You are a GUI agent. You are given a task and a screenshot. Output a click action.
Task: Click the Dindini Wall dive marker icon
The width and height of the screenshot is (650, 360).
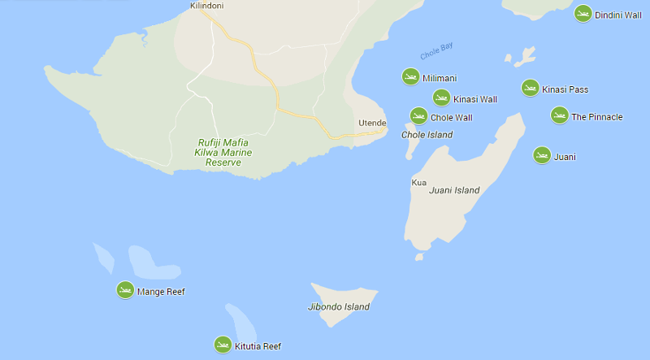[583, 14]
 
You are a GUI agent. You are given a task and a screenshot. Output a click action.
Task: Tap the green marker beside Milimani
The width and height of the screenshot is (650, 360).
[410, 77]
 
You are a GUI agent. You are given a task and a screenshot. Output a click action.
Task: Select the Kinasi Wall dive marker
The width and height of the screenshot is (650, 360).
[441, 98]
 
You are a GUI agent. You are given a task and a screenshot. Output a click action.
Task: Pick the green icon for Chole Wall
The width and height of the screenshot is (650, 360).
[418, 116]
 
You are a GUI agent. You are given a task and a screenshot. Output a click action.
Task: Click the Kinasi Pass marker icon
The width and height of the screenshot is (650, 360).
[530, 89]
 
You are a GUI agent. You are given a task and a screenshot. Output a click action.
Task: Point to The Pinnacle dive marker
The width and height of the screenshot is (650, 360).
[559, 115]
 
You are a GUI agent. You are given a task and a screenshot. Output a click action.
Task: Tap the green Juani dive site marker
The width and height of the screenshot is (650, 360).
[542, 155]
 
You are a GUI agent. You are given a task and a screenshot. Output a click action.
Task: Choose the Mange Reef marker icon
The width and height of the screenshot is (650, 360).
[125, 290]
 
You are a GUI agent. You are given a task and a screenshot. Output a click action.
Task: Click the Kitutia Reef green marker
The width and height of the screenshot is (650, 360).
[223, 345]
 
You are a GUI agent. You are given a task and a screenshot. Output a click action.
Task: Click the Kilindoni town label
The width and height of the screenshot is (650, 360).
[206, 6]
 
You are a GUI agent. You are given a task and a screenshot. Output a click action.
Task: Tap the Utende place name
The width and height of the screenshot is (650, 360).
[372, 123]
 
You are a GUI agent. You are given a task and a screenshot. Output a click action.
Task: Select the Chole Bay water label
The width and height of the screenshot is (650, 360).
[436, 50]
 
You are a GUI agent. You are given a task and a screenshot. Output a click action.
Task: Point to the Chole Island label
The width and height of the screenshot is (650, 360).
[427, 135]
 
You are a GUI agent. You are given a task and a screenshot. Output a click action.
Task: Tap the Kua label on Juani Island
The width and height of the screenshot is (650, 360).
[419, 182]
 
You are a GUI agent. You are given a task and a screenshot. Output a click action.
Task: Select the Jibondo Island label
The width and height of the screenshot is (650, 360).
[339, 306]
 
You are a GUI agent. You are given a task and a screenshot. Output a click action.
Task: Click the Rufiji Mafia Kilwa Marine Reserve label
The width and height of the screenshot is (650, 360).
[224, 152]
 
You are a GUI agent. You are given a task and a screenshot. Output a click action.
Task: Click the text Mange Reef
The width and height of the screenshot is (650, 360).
[161, 291]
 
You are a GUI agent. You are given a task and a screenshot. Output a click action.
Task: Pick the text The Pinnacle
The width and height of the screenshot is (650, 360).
[596, 117]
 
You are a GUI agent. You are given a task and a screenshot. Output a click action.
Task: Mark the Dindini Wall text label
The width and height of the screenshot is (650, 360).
[617, 15]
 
